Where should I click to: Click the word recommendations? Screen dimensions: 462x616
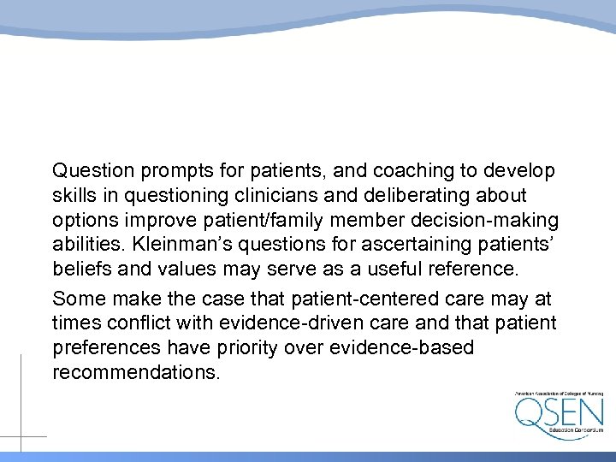point(136,374)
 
